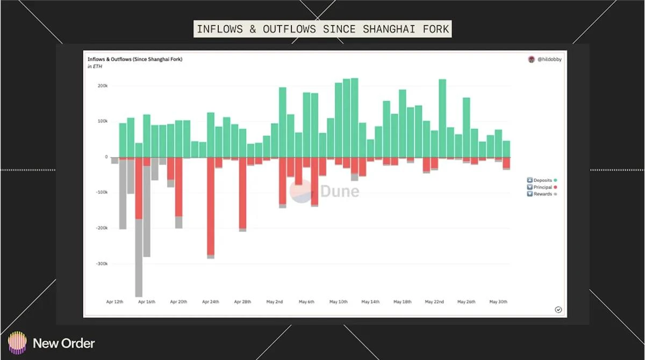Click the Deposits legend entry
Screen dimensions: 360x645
point(542,180)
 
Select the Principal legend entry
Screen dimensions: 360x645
point(542,187)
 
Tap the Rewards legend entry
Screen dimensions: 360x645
point(542,194)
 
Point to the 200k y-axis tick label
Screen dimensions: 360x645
point(103,86)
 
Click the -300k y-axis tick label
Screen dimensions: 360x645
point(102,264)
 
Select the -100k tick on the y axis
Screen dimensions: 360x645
point(102,192)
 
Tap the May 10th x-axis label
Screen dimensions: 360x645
point(339,302)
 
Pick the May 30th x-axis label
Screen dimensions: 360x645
point(498,302)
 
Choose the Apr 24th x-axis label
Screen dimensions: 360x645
point(210,302)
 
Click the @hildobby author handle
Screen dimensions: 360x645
point(549,60)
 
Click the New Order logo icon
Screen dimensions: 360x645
point(17,343)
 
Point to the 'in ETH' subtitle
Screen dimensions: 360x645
point(95,67)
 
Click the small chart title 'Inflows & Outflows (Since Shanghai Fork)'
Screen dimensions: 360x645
point(135,59)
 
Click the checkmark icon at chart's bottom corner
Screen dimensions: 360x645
point(558,309)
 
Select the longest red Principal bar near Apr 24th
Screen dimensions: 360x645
point(211,207)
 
